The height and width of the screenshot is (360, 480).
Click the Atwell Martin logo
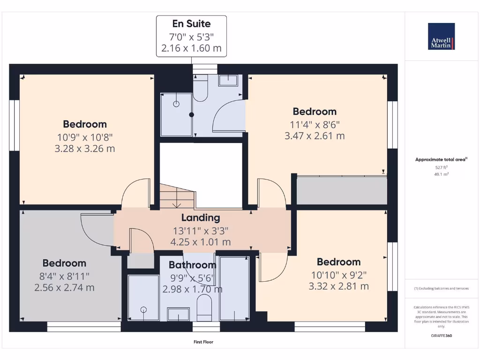(441, 37)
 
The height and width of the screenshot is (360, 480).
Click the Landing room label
(201, 217)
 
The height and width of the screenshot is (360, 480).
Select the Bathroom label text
(193, 265)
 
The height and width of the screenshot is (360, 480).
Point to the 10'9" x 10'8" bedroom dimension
(85, 137)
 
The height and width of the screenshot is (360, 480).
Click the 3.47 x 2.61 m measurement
(315, 136)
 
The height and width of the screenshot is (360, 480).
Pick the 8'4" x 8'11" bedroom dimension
(65, 276)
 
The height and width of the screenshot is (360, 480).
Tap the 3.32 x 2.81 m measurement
(339, 286)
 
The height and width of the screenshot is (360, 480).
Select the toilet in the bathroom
(204, 307)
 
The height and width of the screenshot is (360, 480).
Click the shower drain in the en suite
(177, 104)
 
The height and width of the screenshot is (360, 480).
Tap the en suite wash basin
(228, 80)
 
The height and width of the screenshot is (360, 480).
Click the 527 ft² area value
(441, 167)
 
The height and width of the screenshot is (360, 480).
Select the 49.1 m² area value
(441, 174)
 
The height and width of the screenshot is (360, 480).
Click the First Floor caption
(203, 342)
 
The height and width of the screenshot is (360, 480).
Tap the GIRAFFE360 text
(441, 336)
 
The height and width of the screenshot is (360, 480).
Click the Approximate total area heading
(441, 159)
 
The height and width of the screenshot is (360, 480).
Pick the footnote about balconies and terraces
(441, 288)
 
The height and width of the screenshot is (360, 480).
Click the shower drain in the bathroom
(143, 309)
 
